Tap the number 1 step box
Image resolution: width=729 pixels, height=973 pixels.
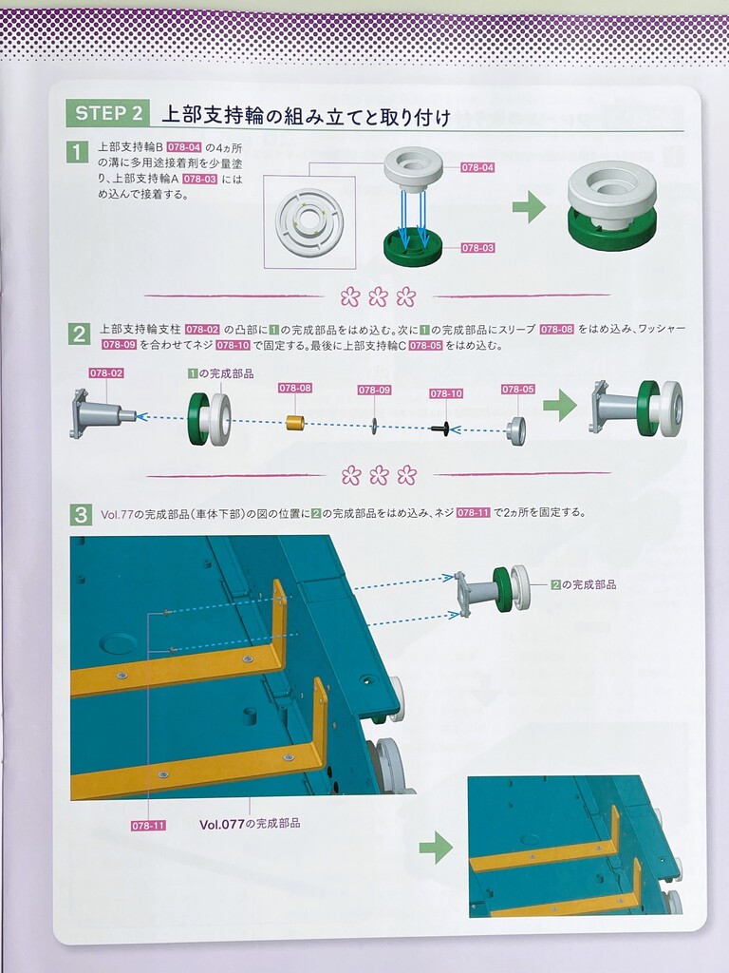click(77, 152)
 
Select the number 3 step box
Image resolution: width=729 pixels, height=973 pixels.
click(80, 514)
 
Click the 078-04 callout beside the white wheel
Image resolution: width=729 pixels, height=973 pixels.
click(477, 167)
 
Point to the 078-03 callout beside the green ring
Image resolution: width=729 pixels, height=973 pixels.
click(477, 248)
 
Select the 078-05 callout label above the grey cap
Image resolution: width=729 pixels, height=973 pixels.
click(518, 389)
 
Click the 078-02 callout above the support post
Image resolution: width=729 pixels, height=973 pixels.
click(106, 372)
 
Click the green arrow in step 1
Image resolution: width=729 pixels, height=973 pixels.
click(529, 207)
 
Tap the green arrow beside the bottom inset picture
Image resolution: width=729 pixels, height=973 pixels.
click(436, 848)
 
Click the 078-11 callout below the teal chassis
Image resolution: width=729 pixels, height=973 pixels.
click(148, 826)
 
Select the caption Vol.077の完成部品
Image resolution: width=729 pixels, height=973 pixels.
click(250, 824)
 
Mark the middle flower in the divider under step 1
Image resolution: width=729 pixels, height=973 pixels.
click(378, 296)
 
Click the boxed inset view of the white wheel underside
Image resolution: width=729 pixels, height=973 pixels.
click(309, 221)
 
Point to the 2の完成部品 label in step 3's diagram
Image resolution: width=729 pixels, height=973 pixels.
click(584, 584)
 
